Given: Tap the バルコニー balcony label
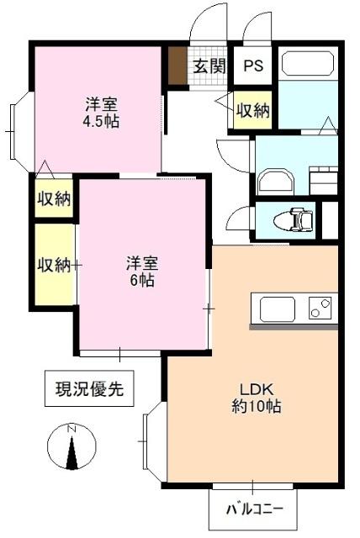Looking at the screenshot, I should coord(253,509).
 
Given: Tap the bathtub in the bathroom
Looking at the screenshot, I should coord(308,65).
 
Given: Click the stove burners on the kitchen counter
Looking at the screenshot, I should coord(320,309).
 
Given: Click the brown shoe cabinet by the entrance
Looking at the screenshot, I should coord(177,66).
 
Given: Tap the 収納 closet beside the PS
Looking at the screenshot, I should coord(252,110).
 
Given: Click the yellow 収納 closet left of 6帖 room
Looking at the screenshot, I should coord(54,265).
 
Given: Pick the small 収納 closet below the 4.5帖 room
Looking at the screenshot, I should coord(53,199).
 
